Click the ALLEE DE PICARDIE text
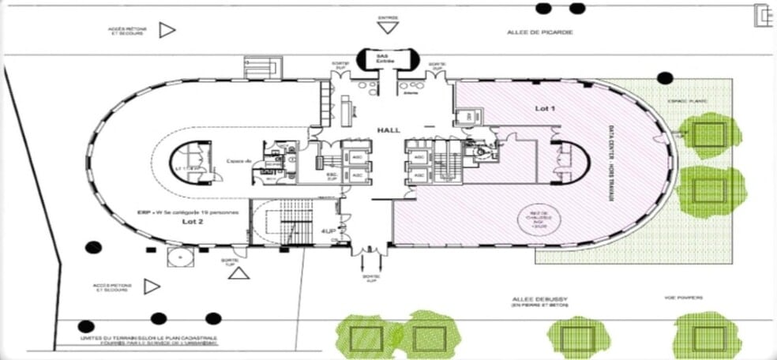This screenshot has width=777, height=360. [539, 32]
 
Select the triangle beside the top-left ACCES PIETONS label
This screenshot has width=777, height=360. [167, 31]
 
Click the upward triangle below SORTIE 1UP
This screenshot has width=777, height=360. [239, 273]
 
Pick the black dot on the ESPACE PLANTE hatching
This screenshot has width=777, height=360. [665, 77]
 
